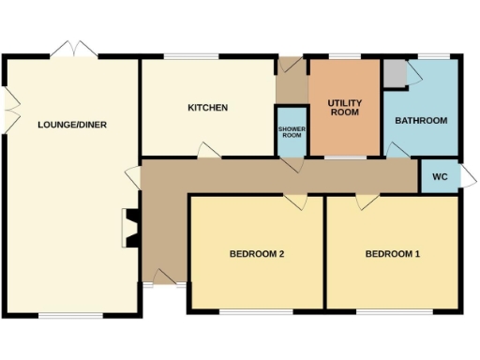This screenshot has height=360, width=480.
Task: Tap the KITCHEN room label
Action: (x=207, y=108)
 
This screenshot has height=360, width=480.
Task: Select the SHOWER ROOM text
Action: (x=291, y=131)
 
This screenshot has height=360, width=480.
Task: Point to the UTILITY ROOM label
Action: (x=344, y=106)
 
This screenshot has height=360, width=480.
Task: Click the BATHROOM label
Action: (x=420, y=121)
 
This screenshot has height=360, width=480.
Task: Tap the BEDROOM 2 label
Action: (x=257, y=254)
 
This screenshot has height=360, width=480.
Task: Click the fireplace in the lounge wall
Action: (x=130, y=228)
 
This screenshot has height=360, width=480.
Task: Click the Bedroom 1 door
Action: (x=367, y=200)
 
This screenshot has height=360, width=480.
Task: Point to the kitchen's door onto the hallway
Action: (x=206, y=151)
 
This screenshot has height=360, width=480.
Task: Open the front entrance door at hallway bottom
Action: (x=163, y=277)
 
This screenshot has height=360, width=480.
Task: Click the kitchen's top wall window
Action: (x=192, y=58)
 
